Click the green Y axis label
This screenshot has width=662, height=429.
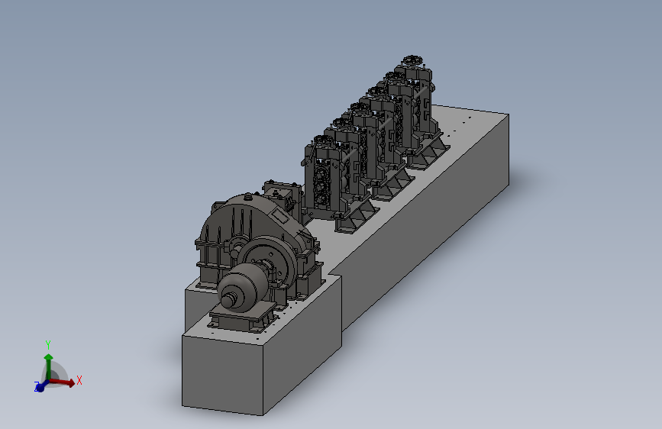(48, 345)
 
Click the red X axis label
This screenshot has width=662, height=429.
(79, 380)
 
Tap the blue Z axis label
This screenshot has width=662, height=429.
(37, 385)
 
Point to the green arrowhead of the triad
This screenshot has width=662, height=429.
(49, 358)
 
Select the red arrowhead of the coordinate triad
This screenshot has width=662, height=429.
(71, 382)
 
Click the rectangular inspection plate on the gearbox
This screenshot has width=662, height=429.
(279, 217)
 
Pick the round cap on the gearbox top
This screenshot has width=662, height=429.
(247, 196)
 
